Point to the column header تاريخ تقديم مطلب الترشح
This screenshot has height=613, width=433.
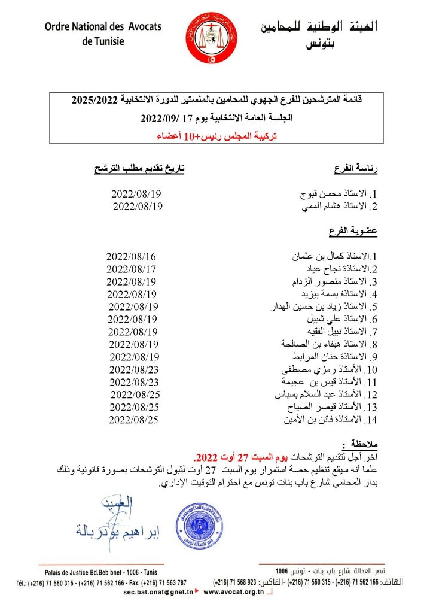click(139, 170)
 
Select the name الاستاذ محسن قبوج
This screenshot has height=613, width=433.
click(339, 195)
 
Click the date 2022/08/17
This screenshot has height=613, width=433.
click(132, 269)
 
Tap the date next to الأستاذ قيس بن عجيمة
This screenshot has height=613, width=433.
click(134, 382)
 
